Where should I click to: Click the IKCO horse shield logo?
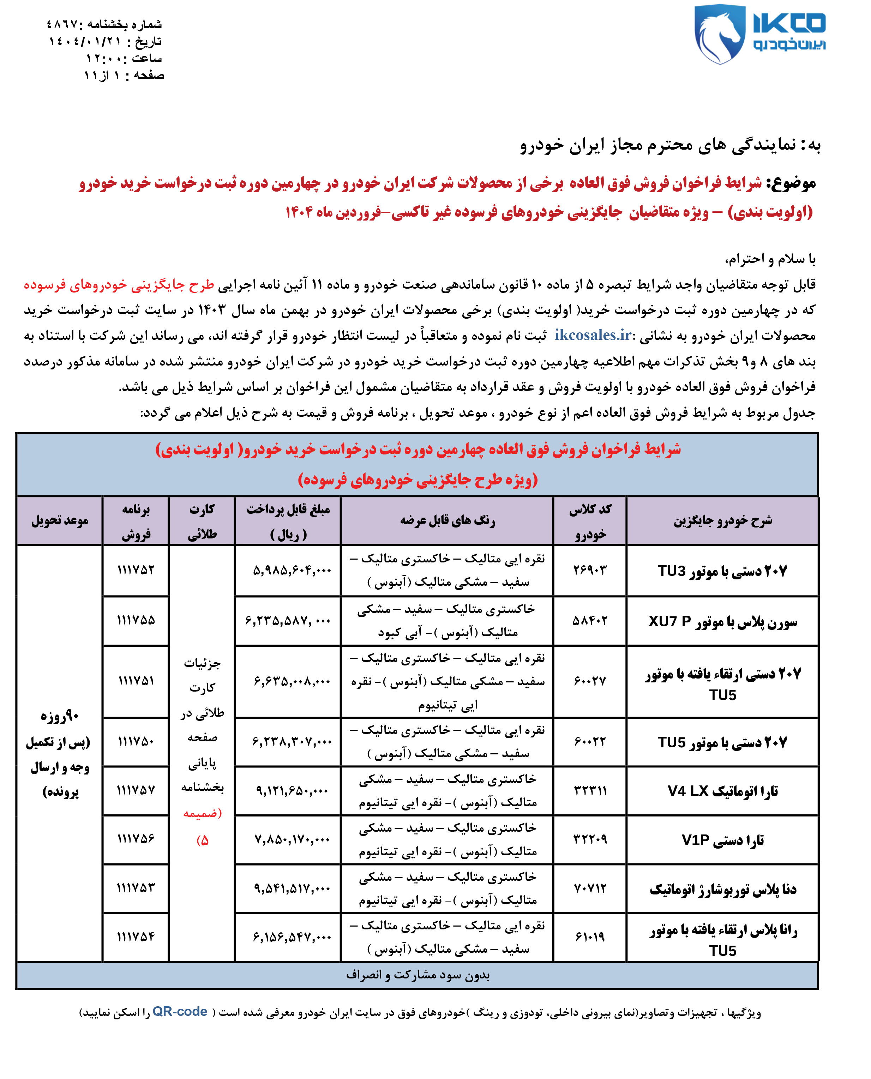click(719, 34)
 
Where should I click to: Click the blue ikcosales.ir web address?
click(593, 334)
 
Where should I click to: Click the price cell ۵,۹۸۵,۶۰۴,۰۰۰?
click(292, 570)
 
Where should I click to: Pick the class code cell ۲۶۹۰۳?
click(589, 570)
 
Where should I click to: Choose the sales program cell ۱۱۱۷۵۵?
click(136, 620)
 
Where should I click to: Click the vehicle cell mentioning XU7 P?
click(722, 621)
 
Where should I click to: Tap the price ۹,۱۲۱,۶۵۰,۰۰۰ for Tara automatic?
click(292, 791)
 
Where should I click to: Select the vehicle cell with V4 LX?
click(722, 791)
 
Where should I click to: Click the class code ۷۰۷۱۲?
click(589, 888)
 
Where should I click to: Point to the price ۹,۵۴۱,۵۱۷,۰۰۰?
click(292, 888)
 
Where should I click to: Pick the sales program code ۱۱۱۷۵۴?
click(136, 936)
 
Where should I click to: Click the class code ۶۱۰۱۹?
click(589, 936)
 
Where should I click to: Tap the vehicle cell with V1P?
click(722, 840)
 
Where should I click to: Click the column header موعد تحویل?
click(60, 521)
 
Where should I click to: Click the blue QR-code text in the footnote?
click(180, 1011)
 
